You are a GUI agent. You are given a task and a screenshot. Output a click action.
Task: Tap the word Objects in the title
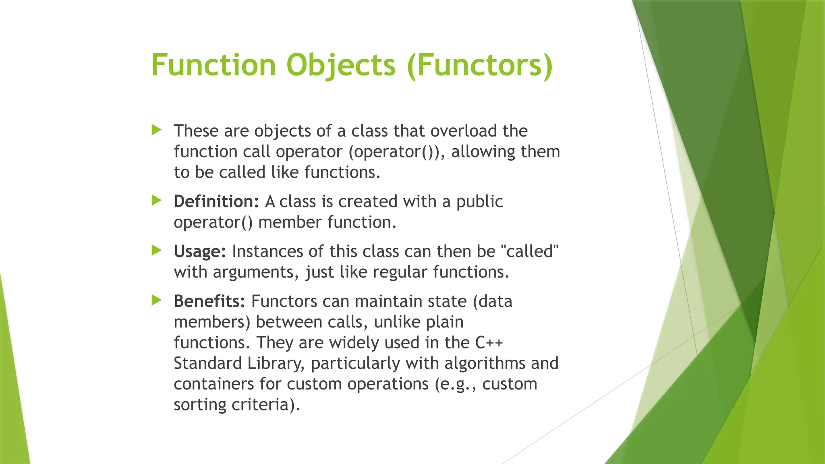(x=341, y=65)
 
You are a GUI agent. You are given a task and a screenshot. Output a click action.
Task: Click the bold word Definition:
(x=216, y=201)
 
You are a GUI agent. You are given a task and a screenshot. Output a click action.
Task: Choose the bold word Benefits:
(x=209, y=301)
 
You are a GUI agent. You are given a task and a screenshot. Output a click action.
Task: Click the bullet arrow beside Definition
(x=156, y=200)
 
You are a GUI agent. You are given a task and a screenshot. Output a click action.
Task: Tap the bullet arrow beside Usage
(x=156, y=250)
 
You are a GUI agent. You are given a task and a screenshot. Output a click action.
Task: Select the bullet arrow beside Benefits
(x=156, y=300)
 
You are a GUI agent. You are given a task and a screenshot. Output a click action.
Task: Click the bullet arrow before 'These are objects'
(x=156, y=130)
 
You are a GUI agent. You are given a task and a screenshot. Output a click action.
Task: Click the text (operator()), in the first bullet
(x=397, y=152)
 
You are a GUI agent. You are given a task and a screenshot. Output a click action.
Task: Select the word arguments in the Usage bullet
(x=256, y=272)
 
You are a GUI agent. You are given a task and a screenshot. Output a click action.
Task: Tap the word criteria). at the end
(x=265, y=405)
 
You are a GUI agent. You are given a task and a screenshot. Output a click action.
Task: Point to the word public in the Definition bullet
(x=479, y=201)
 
